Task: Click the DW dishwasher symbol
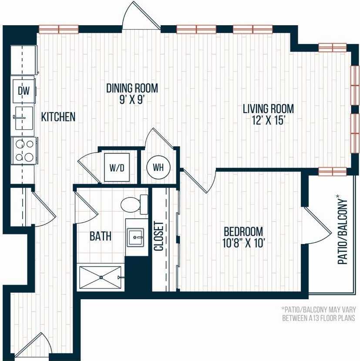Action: (23, 91)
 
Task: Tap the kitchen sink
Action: (23, 117)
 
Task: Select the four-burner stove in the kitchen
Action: (24, 150)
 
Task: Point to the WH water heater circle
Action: (157, 167)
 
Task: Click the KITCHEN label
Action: (58, 117)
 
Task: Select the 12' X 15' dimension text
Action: (268, 120)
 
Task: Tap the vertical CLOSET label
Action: (158, 237)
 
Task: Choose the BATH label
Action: (101, 237)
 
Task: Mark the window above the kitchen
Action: (58, 29)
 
